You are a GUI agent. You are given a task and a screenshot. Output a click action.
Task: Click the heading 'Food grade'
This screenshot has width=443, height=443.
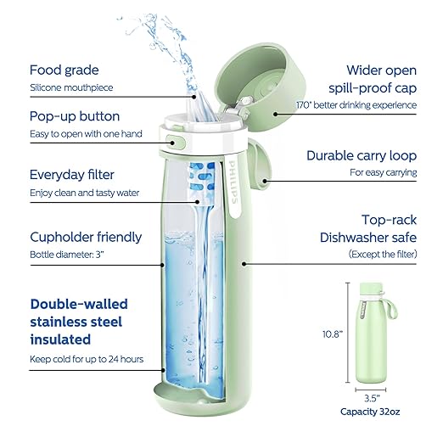(x=65, y=70)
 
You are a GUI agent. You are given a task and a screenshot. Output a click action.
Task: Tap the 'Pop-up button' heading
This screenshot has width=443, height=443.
(x=75, y=115)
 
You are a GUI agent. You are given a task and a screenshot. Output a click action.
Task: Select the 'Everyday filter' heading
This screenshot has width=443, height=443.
(x=72, y=174)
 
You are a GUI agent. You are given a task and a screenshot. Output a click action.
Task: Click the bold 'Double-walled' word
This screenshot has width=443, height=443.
(x=76, y=303)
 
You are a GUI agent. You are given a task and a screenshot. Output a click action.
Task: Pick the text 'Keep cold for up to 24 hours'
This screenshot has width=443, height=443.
(x=86, y=359)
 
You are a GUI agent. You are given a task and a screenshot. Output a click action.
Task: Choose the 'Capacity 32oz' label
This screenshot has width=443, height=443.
(x=372, y=412)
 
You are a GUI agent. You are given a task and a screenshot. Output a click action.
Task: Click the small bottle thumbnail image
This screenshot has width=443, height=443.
(x=372, y=331)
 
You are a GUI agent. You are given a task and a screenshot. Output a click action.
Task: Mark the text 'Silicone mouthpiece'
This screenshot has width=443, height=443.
(x=72, y=87)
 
